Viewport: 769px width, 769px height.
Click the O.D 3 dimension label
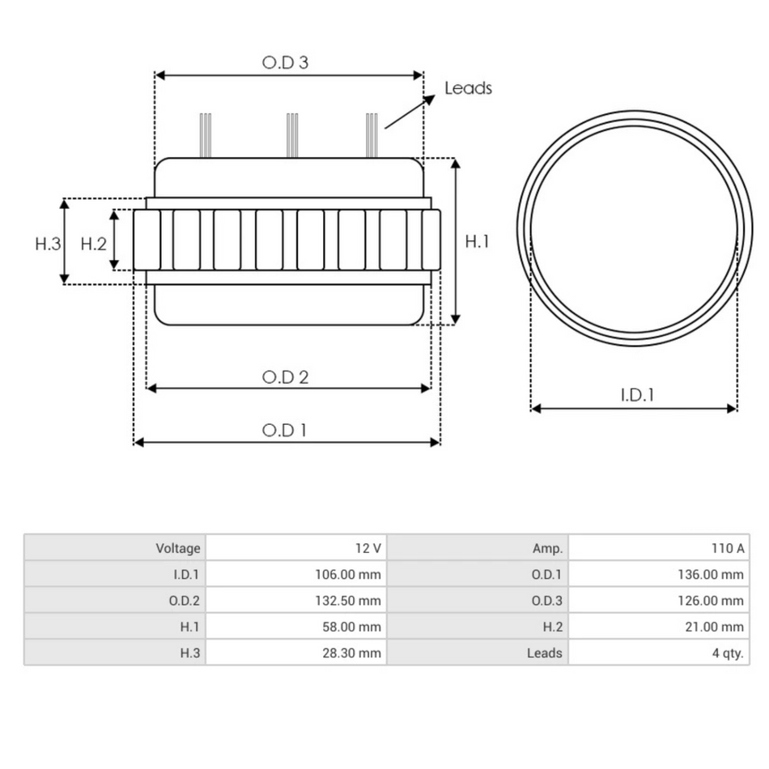click(286, 62)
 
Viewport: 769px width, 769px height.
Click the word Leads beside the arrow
click(468, 88)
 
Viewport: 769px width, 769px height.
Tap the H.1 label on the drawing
click(478, 241)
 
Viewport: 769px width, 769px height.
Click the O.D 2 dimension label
click(286, 376)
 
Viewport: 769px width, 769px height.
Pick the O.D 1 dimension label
click(285, 430)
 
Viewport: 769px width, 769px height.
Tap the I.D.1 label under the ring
click(637, 395)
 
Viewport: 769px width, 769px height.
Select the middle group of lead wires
click(293, 134)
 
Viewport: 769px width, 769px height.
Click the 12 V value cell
click(368, 548)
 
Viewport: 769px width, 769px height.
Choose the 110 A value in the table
click(728, 548)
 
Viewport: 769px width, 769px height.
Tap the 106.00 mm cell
click(347, 575)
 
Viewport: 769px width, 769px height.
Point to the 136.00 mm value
click(710, 575)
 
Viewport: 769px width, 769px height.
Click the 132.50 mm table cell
click(347, 601)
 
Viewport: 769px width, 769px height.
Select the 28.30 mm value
click(350, 652)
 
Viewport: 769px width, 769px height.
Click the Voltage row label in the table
click(177, 548)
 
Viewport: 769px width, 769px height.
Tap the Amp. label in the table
click(547, 548)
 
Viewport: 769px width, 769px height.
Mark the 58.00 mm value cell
click(349, 627)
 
